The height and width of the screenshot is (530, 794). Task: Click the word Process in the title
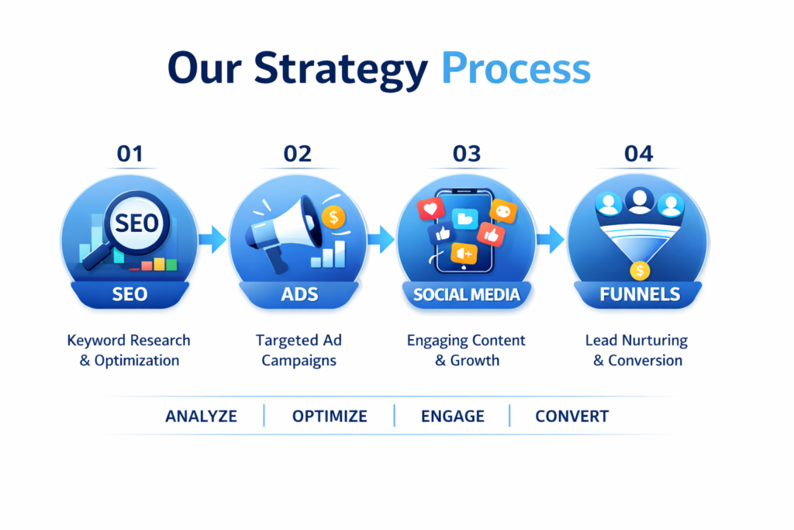pos(516,68)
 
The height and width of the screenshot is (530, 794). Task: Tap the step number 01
pos(130,154)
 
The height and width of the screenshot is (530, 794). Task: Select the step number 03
pos(466,154)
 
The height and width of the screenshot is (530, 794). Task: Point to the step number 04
pos(639,154)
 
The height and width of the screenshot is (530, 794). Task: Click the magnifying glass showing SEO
pos(129,228)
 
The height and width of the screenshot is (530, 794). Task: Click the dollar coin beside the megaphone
pos(333,217)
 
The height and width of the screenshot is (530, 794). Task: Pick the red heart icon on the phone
pos(430,209)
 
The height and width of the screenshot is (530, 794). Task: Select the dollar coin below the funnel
pos(640,271)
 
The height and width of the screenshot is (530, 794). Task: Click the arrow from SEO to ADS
pos(212,239)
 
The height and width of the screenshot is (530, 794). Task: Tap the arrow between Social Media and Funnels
pos(551,239)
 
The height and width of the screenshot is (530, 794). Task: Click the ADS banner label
pos(299,294)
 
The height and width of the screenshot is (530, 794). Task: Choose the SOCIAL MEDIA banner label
pos(466,294)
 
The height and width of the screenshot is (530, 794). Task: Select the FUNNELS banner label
pos(640,294)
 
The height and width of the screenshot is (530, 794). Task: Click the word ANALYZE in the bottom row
pos(201,416)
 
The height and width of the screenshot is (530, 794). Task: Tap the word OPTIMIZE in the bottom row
pos(330,416)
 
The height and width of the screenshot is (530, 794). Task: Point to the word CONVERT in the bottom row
pos(571,416)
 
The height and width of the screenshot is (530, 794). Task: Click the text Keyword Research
pos(129,340)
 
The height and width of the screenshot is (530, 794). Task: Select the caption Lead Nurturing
pos(637,340)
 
